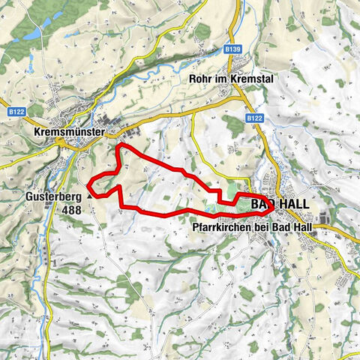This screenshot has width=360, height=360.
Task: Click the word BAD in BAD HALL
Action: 263,205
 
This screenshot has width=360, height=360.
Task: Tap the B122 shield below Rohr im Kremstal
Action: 253,118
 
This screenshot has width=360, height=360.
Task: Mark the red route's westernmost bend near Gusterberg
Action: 88,184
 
